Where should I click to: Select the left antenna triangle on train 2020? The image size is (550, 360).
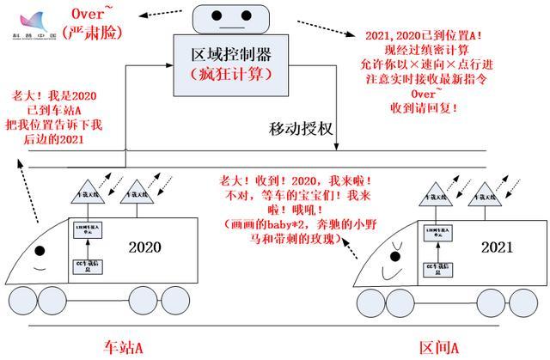point(90,191)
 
